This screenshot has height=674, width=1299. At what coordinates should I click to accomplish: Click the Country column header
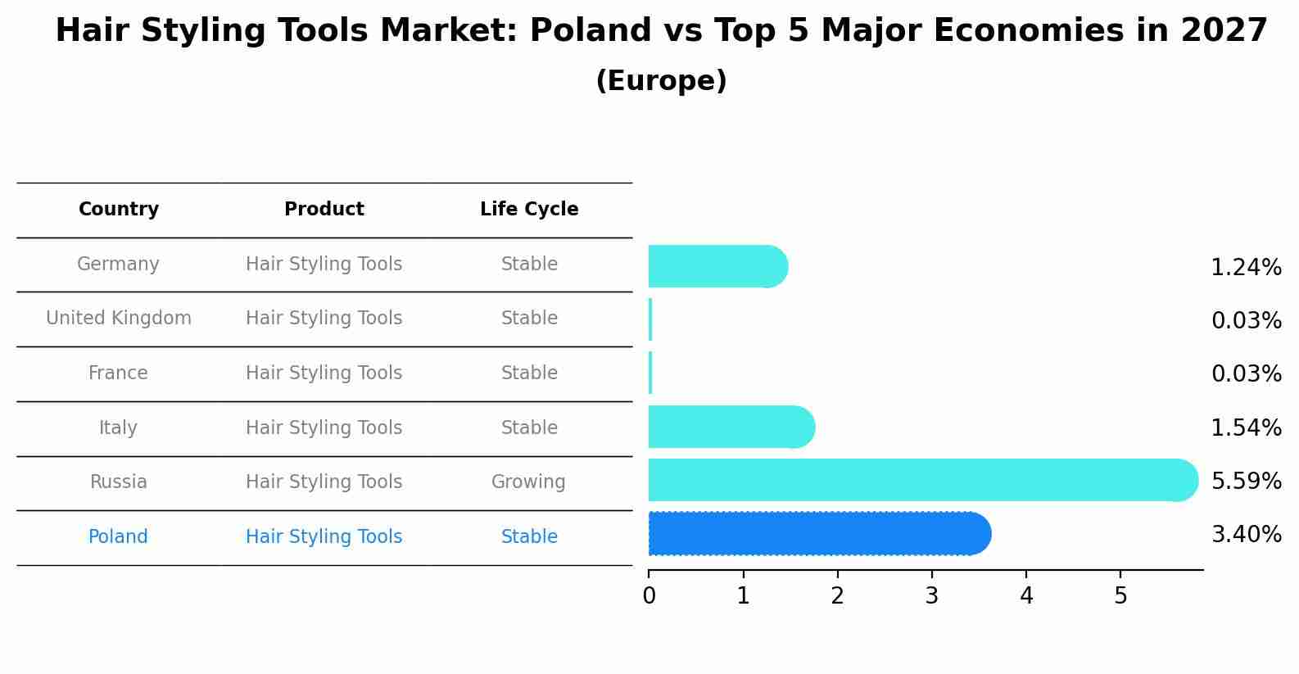pos(119,210)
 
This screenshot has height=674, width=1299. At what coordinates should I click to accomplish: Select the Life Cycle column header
pos(529,210)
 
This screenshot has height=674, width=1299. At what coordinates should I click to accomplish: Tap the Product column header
pos(324,210)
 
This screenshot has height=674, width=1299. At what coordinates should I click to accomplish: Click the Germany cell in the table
pos(118,265)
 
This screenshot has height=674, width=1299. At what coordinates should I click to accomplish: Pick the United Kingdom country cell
pos(119,319)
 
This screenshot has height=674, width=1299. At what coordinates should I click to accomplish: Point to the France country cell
pos(118,373)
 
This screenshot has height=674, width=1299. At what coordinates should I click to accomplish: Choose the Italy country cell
pos(118,428)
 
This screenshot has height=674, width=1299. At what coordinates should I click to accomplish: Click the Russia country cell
pos(119,482)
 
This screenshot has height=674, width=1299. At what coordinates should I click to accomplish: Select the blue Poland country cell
pos(118,537)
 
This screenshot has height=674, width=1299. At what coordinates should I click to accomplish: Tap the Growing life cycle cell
pos(528,482)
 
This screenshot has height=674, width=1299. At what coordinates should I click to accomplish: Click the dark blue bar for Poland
pos(819,534)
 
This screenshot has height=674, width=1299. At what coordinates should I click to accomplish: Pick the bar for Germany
pos(717,266)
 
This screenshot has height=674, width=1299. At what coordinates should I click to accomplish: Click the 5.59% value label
pos(1246,482)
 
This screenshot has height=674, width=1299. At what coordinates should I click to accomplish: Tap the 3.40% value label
pos(1246,535)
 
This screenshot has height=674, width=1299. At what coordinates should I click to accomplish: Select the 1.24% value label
pos(1246,268)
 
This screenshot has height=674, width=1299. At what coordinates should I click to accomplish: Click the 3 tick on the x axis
pos(932,596)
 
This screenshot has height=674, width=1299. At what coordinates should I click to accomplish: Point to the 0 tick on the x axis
pos(649,596)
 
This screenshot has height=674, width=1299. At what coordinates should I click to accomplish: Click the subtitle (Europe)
pos(661,81)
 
